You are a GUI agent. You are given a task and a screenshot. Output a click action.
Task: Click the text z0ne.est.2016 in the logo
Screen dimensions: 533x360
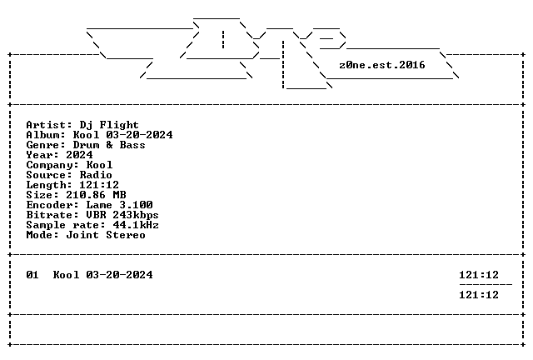tap(381, 65)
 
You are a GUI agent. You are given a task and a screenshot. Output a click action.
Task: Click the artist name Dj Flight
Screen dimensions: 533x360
tap(109, 125)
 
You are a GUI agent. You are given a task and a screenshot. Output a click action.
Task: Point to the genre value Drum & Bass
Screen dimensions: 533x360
tap(109, 145)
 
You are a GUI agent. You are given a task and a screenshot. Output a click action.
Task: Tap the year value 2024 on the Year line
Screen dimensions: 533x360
tap(79, 155)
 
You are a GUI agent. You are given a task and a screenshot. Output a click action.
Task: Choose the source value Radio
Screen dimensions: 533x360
tap(96, 175)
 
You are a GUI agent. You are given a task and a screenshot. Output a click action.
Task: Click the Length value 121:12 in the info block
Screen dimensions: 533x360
tap(99, 185)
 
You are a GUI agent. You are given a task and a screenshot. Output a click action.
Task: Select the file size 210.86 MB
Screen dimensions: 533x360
tap(96, 195)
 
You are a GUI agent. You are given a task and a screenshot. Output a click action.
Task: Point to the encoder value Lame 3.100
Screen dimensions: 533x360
tap(119, 205)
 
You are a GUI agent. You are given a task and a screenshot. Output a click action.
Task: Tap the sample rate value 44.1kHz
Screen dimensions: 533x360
tap(136, 225)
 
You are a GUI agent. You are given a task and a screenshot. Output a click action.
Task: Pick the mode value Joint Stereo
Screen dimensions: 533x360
tap(106, 235)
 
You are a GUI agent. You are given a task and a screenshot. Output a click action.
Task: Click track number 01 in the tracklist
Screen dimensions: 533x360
tap(32, 275)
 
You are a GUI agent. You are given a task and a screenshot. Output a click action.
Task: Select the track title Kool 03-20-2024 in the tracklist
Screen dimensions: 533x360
tap(102, 275)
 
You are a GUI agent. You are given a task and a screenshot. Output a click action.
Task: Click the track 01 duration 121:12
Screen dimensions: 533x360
tap(479, 275)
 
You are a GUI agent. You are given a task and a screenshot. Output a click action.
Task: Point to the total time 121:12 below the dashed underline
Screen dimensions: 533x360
tap(479, 295)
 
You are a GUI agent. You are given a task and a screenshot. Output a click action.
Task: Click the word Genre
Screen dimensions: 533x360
tap(42, 145)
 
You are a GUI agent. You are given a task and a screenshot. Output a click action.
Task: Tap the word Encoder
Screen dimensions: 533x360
tap(49, 205)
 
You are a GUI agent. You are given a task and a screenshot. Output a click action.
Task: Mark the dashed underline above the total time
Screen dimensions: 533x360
tap(486, 284)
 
